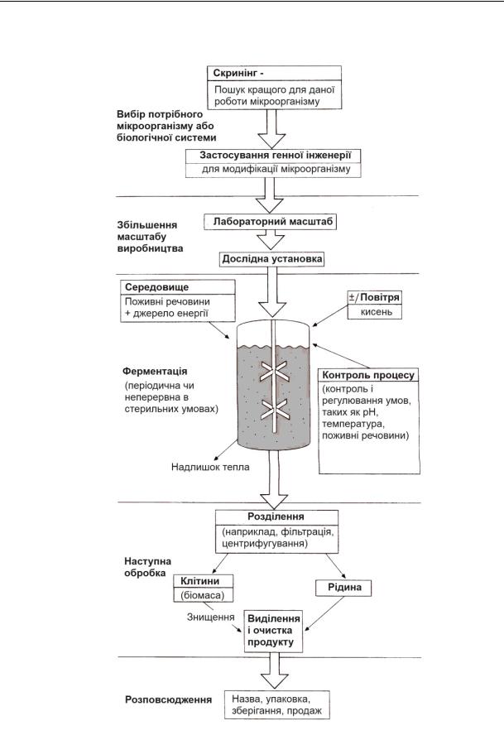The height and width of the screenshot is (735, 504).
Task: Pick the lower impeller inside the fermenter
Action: tap(272, 409)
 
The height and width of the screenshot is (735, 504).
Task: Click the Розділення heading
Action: tap(272, 516)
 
